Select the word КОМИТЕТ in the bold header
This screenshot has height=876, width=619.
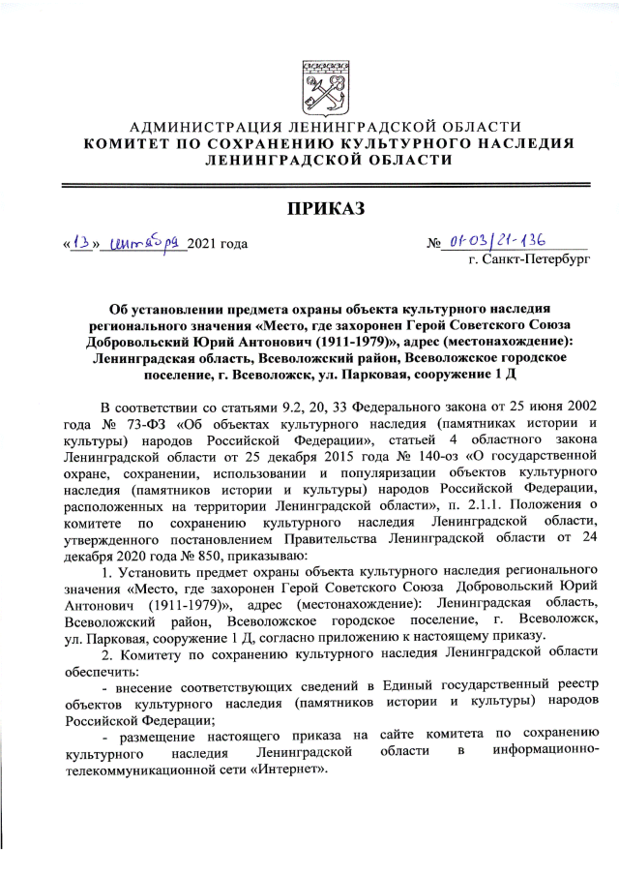click(129, 143)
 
